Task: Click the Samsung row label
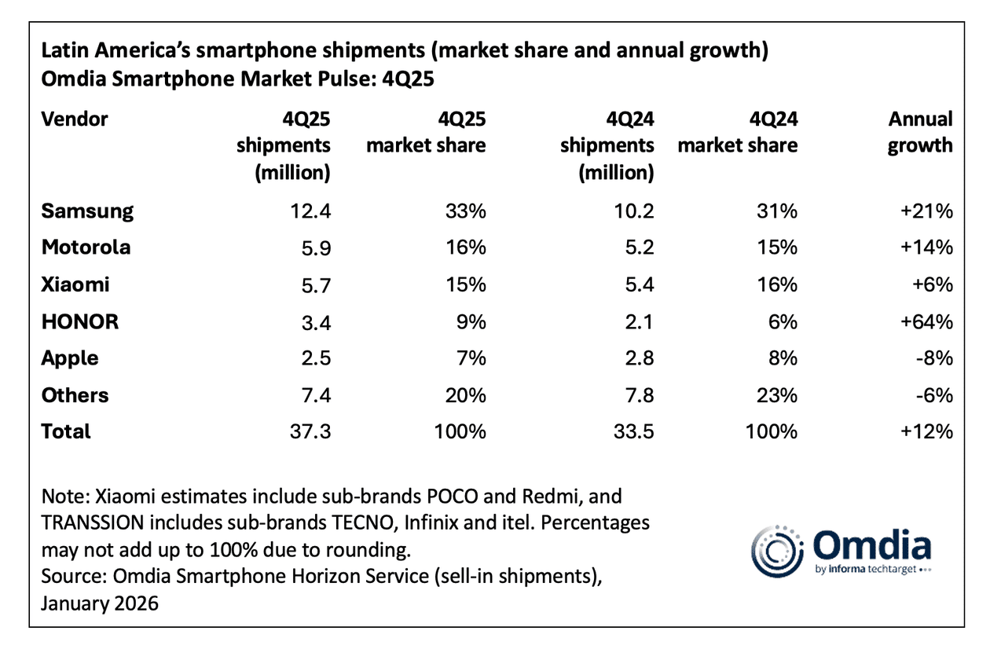[x=87, y=211]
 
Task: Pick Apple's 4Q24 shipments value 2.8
[x=638, y=358]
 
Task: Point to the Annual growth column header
[x=919, y=132]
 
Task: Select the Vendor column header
[x=75, y=119]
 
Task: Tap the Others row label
[x=75, y=394]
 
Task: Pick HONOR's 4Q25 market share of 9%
[x=471, y=321]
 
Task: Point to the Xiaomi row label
[x=75, y=284]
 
